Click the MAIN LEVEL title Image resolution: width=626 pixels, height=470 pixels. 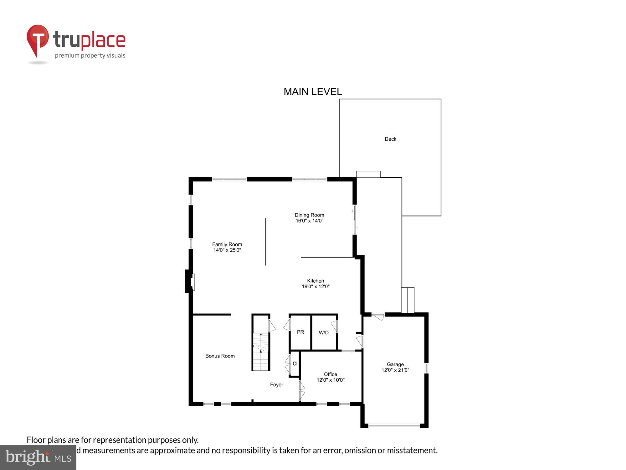point(312,91)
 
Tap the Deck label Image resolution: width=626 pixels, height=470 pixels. point(390,139)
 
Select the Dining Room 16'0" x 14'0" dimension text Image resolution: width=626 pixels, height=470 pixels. point(309,221)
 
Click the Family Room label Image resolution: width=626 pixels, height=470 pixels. point(227,244)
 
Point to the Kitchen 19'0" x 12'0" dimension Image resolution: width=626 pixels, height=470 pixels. point(316,286)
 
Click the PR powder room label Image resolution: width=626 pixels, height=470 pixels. point(300,332)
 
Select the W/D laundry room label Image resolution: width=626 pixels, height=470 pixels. point(324,333)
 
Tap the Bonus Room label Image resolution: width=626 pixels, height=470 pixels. point(220,356)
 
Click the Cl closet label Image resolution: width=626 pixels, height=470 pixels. point(295,364)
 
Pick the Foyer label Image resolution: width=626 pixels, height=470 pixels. point(276,385)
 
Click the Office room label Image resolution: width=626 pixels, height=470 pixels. point(331,374)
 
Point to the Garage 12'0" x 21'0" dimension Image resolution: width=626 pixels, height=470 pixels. point(395,370)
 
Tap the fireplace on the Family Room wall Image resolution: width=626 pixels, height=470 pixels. point(190,281)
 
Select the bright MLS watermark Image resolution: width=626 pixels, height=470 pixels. point(38,458)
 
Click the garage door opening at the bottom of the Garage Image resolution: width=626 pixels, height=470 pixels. point(394,426)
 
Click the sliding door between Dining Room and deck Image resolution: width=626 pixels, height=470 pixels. point(355,219)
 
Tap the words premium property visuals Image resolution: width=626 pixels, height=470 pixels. point(90,56)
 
